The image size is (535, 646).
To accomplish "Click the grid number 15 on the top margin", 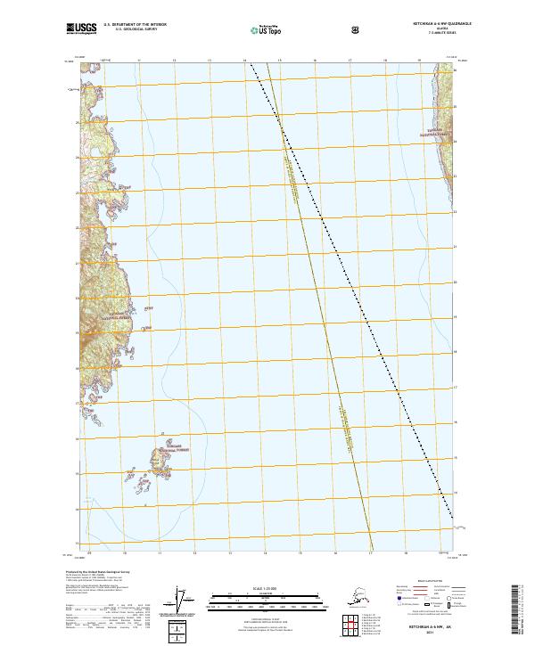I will pyautogui.click(x=279, y=61).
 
